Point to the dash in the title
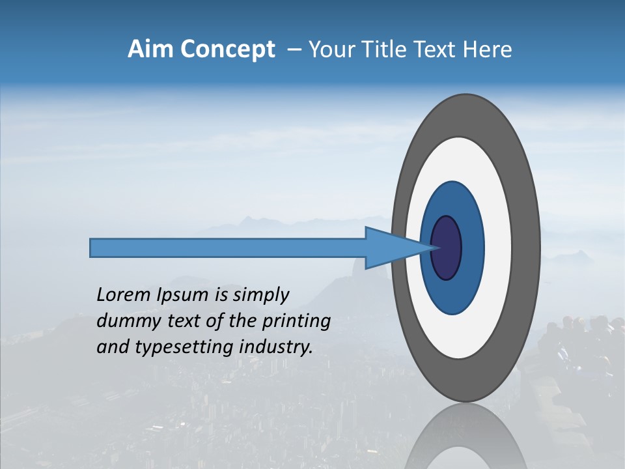[x=294, y=50]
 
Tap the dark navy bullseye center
[x=447, y=248]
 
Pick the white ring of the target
[x=498, y=248]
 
